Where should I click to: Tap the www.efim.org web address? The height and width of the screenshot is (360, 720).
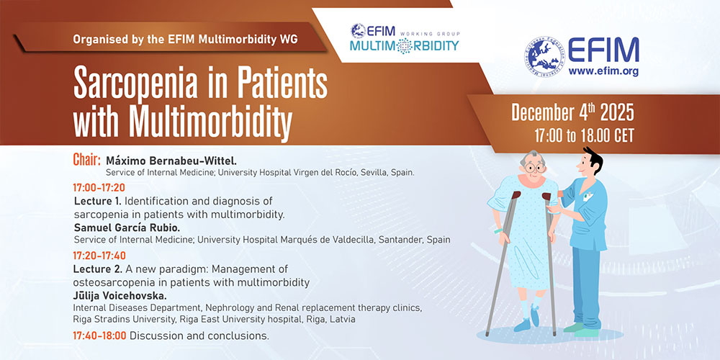(x=603, y=71)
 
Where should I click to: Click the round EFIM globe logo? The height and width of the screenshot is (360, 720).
(x=544, y=56)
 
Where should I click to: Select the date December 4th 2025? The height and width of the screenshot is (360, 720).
(x=572, y=112)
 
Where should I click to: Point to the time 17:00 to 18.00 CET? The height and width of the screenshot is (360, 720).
(x=584, y=135)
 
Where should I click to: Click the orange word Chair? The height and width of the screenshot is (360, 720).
(x=87, y=161)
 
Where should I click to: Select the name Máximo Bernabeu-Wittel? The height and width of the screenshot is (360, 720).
(x=171, y=161)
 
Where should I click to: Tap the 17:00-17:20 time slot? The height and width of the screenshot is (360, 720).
(x=99, y=187)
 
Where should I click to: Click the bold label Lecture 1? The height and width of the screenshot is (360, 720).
(x=98, y=201)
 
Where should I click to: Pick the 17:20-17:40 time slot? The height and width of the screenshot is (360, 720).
(x=99, y=256)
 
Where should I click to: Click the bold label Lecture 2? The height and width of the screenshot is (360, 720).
(x=98, y=269)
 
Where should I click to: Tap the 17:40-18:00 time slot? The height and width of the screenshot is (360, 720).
(x=99, y=336)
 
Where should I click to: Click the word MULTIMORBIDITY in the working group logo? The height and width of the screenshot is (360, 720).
(x=404, y=46)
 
